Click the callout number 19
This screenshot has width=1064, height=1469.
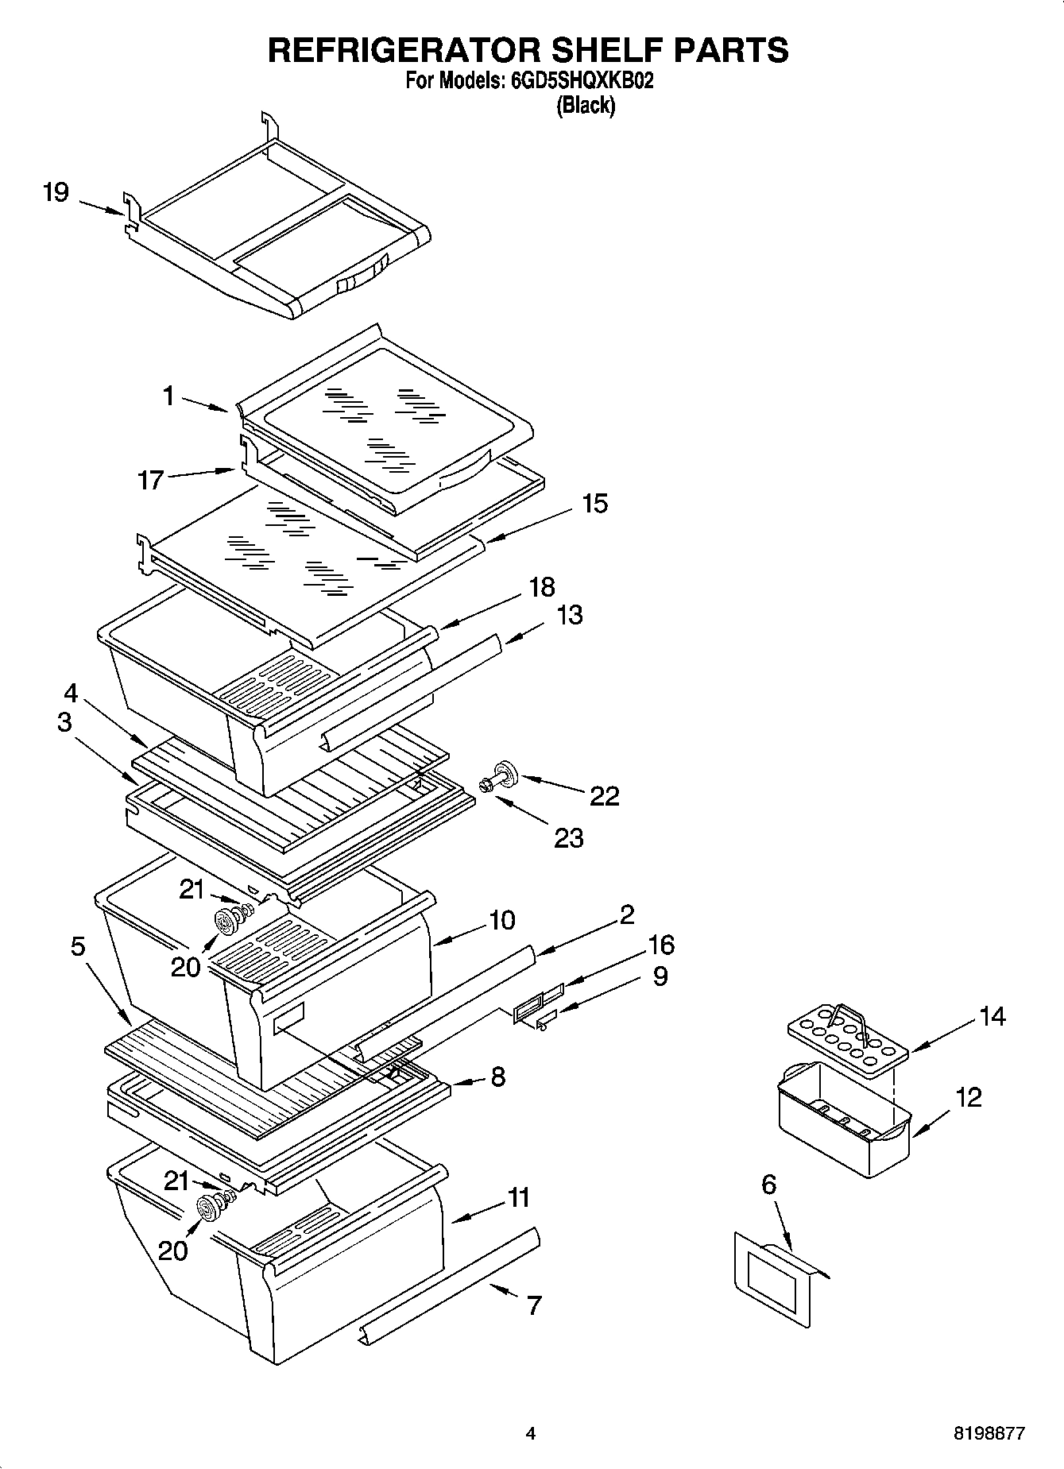(x=56, y=193)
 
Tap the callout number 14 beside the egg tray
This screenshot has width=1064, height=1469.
(x=992, y=1016)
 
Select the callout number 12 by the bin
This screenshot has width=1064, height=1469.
(x=969, y=1097)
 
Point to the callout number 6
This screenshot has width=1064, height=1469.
(x=768, y=1185)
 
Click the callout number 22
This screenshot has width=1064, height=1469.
(x=604, y=796)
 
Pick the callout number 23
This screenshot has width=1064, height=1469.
(x=568, y=838)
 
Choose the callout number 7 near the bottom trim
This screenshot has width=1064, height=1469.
(x=534, y=1305)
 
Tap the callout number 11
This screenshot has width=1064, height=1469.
(x=518, y=1197)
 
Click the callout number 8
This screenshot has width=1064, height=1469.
(x=497, y=1077)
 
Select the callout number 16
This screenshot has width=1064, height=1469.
(x=660, y=945)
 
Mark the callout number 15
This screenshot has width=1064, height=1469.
(x=594, y=504)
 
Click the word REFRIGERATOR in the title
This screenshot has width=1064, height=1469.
(x=405, y=49)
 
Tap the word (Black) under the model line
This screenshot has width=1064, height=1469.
(x=585, y=106)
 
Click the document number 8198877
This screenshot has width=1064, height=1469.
(x=989, y=1433)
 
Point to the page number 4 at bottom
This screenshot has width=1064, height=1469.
(x=531, y=1433)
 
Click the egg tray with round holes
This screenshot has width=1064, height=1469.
(x=847, y=1041)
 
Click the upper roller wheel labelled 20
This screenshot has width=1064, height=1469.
(x=229, y=921)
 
